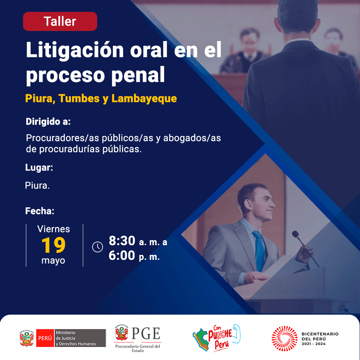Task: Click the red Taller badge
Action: tap(60, 21)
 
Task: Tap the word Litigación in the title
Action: tap(75, 50)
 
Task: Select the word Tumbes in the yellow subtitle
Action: tap(79, 99)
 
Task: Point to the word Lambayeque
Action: tap(144, 99)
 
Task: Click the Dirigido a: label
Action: tap(48, 121)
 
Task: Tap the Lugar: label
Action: tap(39, 168)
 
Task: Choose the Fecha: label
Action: tap(40, 211)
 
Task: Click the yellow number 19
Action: tap(54, 245)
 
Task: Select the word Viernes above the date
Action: tap(54, 229)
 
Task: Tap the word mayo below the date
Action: tap(53, 261)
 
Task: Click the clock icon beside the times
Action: tap(98, 247)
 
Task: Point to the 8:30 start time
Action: tap(122, 240)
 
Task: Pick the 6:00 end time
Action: tap(122, 256)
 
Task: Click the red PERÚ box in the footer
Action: tap(45, 338)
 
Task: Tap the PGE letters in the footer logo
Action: tap(146, 333)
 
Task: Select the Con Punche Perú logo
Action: tap(216, 338)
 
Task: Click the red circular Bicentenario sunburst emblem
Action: tap(284, 338)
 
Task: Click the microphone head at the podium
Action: tap(295, 234)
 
